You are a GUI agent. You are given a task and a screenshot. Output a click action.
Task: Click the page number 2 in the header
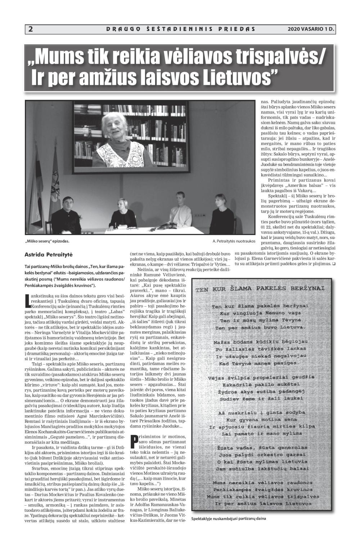(x=30, y=29)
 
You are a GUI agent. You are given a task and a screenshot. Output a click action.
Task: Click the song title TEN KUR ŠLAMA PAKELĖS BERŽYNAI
(x=260, y=288)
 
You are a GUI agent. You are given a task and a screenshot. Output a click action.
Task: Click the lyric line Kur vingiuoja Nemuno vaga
(x=260, y=313)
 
